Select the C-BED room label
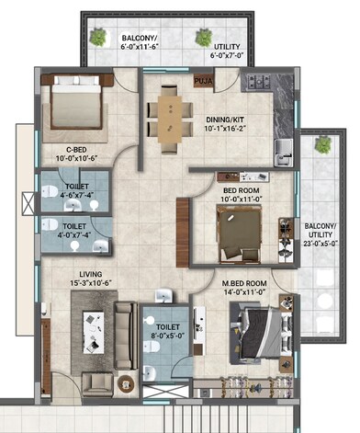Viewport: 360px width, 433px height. (x=63, y=148)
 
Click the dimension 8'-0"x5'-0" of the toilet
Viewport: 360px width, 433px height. (x=167, y=335)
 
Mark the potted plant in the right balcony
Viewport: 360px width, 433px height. (x=321, y=145)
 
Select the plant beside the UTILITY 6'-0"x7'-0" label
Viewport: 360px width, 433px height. (x=201, y=38)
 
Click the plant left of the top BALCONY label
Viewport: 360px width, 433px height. (x=97, y=38)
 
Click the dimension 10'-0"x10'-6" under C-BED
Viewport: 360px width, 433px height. (x=63, y=158)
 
